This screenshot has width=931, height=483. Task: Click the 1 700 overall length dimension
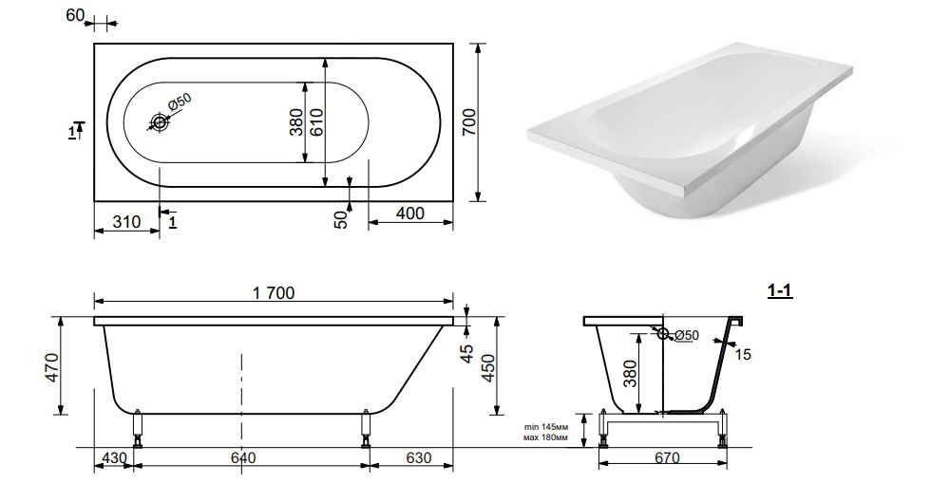[274, 293]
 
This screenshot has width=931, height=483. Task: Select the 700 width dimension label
[469, 121]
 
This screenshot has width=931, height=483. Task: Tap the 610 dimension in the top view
[316, 122]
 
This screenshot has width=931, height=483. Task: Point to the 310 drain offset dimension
[125, 222]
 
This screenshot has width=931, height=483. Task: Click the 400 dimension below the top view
[409, 213]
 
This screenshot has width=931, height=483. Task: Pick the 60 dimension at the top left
[75, 15]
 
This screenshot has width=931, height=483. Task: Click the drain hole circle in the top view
[160, 122]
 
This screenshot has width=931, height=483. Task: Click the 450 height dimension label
[487, 368]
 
